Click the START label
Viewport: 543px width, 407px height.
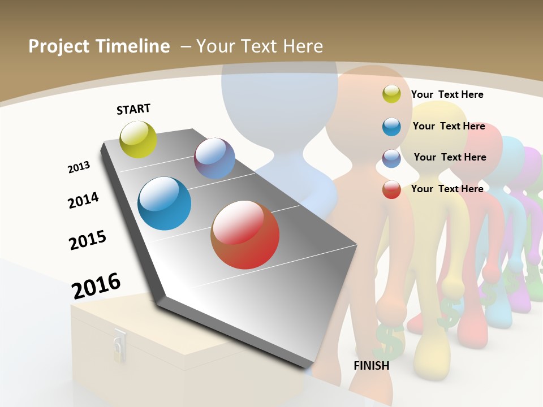point(133,109)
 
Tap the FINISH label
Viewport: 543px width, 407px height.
point(371,366)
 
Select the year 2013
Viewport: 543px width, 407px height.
point(79,167)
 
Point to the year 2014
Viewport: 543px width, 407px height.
point(83,200)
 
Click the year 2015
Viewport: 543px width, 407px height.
point(88,240)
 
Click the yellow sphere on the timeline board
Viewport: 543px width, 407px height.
point(138,139)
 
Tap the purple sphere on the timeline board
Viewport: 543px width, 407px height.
point(214,158)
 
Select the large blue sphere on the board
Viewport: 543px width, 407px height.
point(164,203)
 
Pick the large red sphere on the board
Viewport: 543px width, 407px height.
point(245,235)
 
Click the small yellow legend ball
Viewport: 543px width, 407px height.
point(391,94)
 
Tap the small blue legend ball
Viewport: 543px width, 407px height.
point(391,127)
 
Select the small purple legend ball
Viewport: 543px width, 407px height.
point(391,158)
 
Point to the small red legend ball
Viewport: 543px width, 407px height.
point(391,189)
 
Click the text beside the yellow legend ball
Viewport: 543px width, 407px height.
point(447,94)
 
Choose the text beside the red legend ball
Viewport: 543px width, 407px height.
point(447,189)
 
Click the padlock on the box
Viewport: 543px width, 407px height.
point(119,346)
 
